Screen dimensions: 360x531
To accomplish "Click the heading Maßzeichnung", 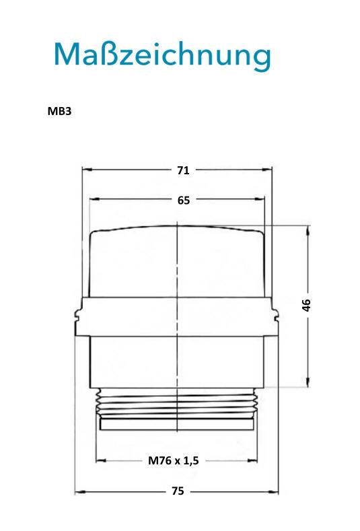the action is click(163, 56).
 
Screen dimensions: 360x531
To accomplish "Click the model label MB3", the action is click(60, 111).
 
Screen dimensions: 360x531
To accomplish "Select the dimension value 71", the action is click(183, 170).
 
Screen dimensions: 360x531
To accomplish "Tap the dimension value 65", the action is click(184, 201).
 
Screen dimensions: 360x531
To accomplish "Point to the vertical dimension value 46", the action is click(306, 305).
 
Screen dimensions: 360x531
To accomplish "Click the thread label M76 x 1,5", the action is click(174, 460).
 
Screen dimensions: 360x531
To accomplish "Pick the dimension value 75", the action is click(178, 491).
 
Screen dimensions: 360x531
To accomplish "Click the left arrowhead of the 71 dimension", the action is click(87, 170).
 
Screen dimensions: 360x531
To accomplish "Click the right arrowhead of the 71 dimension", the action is click(267, 170).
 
